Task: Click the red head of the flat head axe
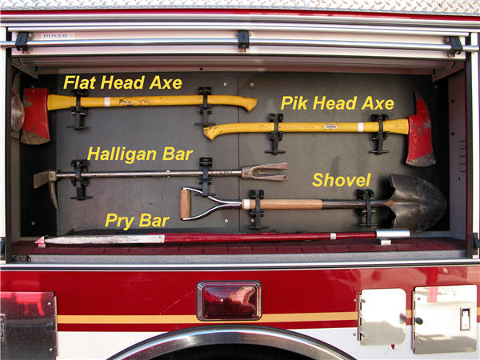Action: (x=35, y=116)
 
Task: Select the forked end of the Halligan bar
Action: (x=265, y=172)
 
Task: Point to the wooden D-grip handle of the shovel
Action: (x=185, y=203)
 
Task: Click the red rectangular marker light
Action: (x=230, y=301)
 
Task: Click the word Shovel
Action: (x=342, y=180)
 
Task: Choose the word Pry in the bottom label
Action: (x=120, y=221)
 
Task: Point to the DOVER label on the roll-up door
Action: (x=56, y=36)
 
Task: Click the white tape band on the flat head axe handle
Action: (x=107, y=102)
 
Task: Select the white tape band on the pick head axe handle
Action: (x=361, y=127)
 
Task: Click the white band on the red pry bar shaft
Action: (x=333, y=236)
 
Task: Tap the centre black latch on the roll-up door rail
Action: (x=243, y=40)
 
